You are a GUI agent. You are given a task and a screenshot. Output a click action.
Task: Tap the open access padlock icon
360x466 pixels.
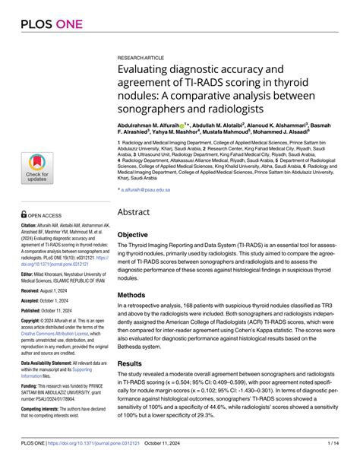pyautogui.click(x=24, y=215)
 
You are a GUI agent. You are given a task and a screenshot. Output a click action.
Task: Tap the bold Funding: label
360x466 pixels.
pyautogui.click(x=30, y=386)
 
